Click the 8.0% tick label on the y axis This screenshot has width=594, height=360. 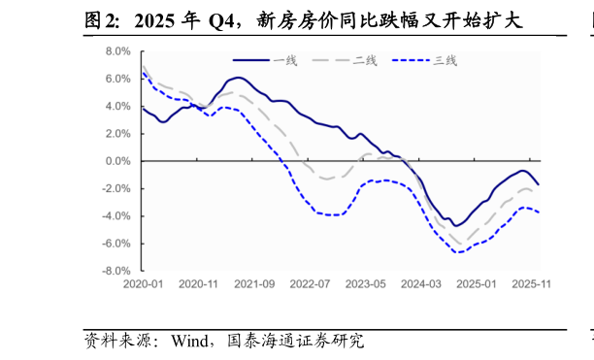point(118,51)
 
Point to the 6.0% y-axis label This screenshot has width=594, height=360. point(118,79)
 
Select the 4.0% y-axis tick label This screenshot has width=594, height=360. point(118,106)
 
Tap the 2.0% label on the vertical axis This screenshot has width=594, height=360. point(118,134)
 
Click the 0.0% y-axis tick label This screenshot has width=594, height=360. point(118,161)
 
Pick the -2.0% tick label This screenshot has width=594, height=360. point(116,188)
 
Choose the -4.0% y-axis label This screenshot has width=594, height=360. point(116,216)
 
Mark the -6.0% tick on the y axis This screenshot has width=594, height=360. point(116,244)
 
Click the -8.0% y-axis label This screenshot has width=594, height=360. point(116,271)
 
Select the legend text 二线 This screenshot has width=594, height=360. point(365,60)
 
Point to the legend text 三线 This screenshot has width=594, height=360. point(445,60)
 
